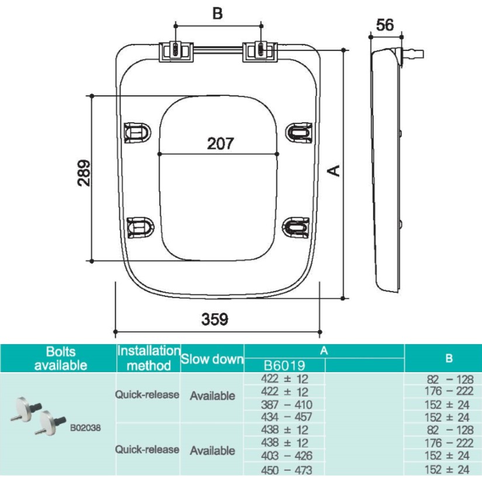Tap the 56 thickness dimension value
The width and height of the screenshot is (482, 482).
click(385, 25)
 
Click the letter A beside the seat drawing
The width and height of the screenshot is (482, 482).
click(335, 170)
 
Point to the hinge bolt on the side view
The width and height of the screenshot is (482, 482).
click(412, 55)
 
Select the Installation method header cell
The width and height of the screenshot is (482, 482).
click(148, 358)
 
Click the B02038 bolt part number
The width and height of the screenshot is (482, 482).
click(85, 427)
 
